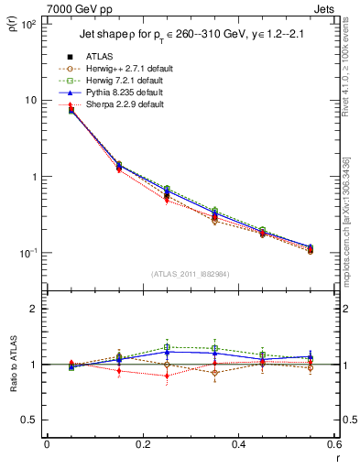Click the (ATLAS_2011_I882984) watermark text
191,274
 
